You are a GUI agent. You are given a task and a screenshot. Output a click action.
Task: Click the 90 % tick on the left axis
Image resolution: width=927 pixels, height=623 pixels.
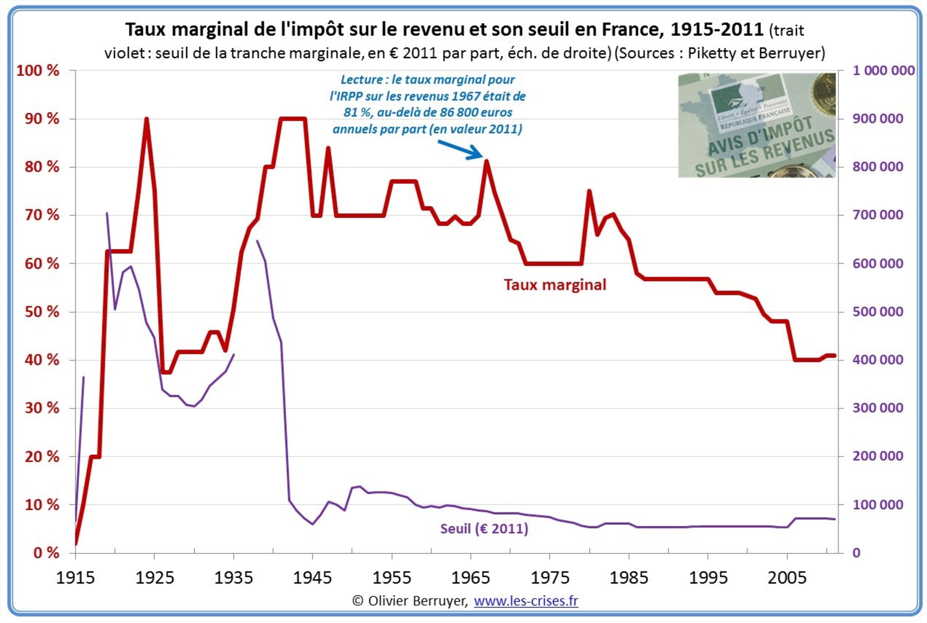click(42, 119)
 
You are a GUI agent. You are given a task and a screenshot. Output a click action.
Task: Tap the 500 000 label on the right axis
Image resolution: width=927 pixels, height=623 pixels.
click(878, 311)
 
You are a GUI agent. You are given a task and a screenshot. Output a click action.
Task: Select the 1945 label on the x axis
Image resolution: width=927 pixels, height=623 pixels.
click(312, 578)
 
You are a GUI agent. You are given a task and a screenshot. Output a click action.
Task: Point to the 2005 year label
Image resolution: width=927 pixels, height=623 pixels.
click(787, 578)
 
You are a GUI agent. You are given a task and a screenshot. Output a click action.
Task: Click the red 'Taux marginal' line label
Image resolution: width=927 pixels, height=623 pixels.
click(555, 285)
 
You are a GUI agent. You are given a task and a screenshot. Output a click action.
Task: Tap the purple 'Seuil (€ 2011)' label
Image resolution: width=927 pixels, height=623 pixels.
click(484, 528)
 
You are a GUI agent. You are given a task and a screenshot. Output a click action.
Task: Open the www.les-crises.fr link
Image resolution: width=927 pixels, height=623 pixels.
click(526, 601)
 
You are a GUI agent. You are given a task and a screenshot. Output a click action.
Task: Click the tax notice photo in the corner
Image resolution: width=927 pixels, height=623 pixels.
click(756, 125)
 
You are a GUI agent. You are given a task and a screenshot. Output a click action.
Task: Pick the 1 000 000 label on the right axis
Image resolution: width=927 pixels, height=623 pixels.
click(883, 70)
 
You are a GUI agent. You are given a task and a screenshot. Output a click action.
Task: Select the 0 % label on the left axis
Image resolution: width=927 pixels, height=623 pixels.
click(46, 553)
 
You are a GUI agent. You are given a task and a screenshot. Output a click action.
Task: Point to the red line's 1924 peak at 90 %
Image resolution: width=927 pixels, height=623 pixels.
click(146, 119)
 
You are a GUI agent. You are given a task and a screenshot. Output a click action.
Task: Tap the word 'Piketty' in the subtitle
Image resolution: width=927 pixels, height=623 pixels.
click(711, 53)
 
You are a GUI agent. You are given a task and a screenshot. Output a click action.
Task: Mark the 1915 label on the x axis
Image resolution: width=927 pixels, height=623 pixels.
click(75, 578)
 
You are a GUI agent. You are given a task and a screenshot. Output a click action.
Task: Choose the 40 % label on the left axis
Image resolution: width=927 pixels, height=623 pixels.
click(42, 360)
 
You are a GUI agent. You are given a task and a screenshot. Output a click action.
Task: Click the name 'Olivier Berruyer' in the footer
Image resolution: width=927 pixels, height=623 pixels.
click(417, 601)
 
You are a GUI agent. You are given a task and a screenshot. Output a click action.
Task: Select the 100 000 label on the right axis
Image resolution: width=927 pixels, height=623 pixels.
click(878, 504)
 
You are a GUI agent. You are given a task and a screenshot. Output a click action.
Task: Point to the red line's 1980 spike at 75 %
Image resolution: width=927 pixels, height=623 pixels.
click(589, 191)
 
